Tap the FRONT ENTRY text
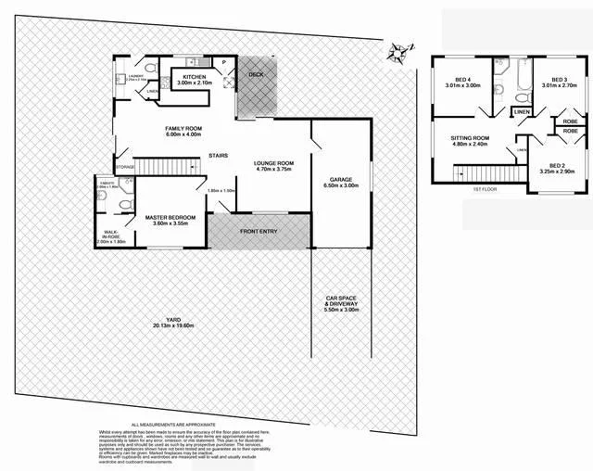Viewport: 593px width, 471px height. coord(259,231)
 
